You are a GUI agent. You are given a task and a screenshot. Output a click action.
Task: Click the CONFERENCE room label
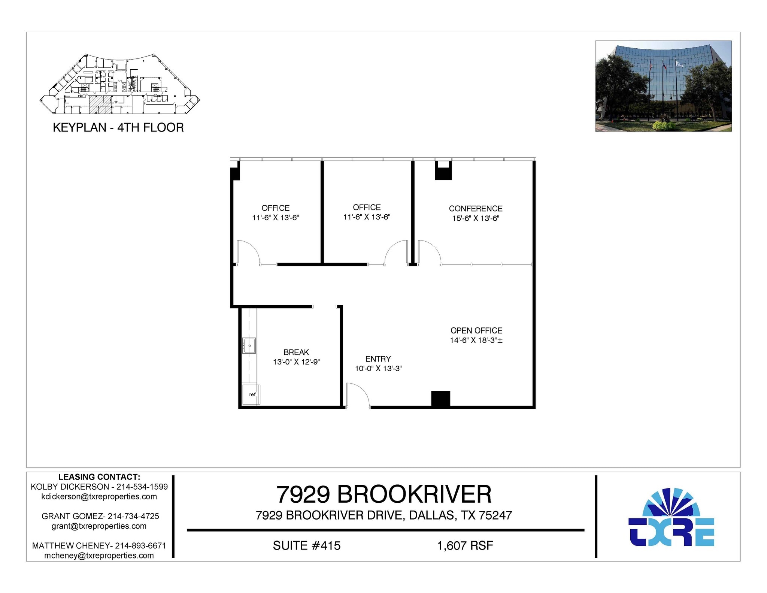[x=476, y=209]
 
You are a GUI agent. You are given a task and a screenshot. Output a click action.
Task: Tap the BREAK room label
[x=296, y=352]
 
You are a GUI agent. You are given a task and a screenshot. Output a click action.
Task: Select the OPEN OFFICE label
[x=476, y=330]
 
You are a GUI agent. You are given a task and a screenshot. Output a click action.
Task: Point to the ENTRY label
[x=378, y=359]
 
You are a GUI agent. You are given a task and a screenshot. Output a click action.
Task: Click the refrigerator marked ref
[x=251, y=394]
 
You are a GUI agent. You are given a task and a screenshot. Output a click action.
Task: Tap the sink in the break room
[x=249, y=345]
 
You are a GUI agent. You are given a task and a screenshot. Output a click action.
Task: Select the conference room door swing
[x=429, y=252]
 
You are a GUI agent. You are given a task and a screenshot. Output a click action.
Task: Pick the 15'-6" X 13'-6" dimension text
[x=476, y=218]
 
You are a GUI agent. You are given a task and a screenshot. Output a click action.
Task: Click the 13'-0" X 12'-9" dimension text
[x=296, y=362]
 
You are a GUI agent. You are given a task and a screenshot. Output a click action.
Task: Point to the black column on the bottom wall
[x=440, y=399]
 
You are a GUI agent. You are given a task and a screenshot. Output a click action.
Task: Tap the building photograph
[x=663, y=86]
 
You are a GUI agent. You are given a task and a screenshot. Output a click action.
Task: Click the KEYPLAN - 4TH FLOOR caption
[x=118, y=128]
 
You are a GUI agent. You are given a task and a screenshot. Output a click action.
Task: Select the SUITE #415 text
[x=307, y=545]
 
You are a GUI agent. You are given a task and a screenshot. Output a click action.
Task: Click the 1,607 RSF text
[x=465, y=545]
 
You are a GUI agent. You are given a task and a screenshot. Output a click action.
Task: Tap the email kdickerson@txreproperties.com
[x=99, y=497]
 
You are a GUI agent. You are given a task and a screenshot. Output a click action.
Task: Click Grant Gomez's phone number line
[x=100, y=516]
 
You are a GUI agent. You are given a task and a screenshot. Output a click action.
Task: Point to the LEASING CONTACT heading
[x=99, y=477]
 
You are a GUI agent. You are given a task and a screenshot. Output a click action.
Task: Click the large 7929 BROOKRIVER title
[x=384, y=494]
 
